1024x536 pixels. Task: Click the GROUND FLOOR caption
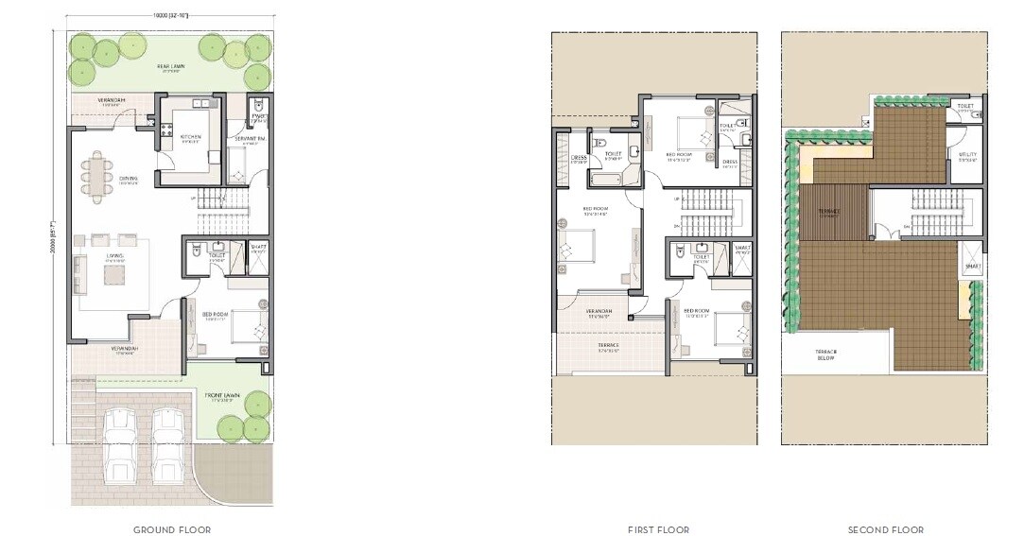[171, 529]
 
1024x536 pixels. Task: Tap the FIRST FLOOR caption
[653, 529]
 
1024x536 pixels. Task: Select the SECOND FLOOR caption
[885, 529]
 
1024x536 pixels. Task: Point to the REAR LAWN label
[171, 66]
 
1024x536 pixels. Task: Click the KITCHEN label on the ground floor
[190, 136]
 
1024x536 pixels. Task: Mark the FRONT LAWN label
[225, 395]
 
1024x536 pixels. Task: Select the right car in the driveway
[166, 443]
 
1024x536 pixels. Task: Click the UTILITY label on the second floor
[966, 155]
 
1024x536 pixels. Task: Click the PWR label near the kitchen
[259, 117]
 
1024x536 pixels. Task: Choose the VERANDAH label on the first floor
[599, 312]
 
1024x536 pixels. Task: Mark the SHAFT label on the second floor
[973, 268]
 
